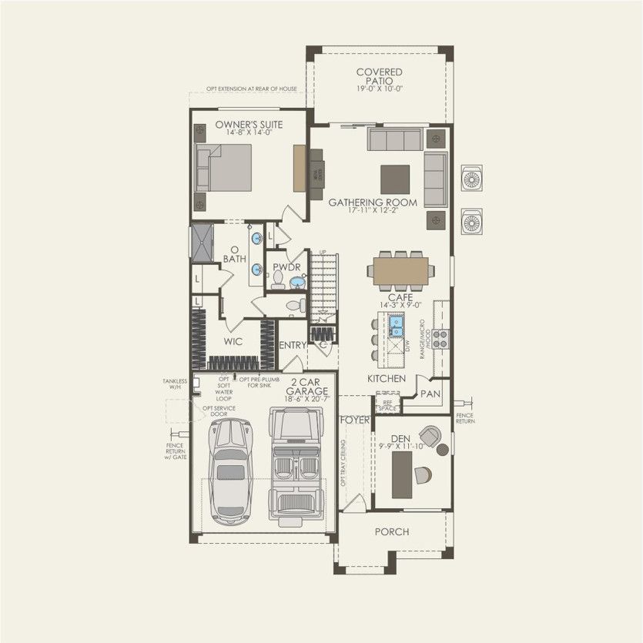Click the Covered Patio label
click(379, 78)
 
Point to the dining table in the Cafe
click(398, 270)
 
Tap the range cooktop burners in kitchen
click(440, 339)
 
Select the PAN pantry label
click(430, 394)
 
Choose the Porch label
click(391, 531)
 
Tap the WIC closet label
click(234, 339)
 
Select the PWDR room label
click(286, 266)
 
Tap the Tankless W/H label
click(175, 383)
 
